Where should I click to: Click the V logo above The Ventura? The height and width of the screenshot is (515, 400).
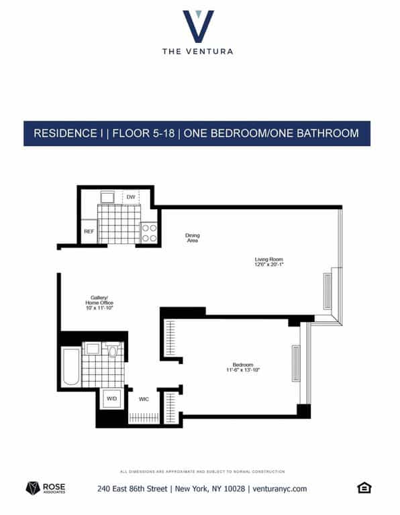[x=198, y=25]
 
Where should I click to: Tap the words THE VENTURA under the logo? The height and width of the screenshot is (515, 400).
[x=198, y=51]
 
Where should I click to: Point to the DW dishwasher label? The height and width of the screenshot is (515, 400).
[x=131, y=196]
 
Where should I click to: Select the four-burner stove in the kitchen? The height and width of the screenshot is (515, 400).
[x=149, y=232]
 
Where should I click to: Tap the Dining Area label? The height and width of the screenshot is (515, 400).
[x=193, y=237]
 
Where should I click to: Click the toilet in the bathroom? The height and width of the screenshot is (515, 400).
[x=113, y=349]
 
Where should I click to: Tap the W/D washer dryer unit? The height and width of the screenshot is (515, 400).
[x=109, y=398]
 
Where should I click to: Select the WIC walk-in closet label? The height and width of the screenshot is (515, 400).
[x=143, y=399]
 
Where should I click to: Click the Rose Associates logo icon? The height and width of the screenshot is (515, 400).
[x=32, y=488]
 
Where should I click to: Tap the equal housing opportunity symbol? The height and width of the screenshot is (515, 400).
[x=364, y=488]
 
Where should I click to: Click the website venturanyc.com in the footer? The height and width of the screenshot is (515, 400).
[x=280, y=489]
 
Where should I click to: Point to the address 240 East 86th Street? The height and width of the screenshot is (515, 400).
[x=132, y=489]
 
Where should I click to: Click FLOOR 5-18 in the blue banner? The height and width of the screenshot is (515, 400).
[x=144, y=133]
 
